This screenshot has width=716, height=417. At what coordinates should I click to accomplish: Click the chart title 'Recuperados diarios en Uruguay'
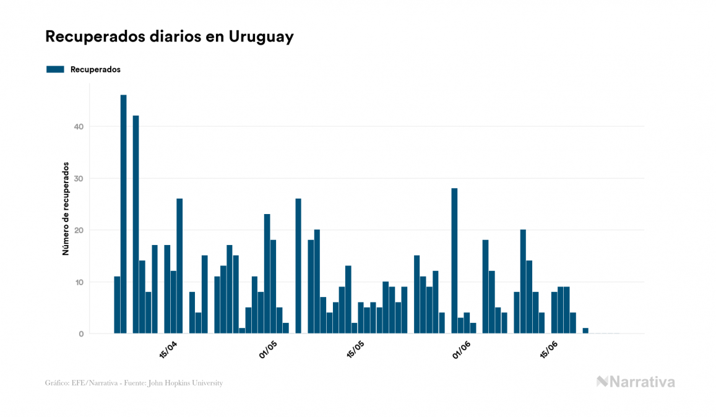(169, 37)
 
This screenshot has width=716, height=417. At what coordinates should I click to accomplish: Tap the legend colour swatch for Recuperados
(55, 69)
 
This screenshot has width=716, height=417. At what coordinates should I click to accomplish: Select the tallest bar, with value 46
(123, 214)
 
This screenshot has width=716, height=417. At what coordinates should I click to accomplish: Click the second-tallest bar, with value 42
(136, 224)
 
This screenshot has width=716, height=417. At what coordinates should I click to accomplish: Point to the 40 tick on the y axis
(78, 127)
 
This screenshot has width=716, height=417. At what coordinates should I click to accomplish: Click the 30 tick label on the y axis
(78, 179)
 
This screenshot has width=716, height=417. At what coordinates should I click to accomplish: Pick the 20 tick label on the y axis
(78, 230)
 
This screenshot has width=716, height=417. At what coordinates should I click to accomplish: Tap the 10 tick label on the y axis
(78, 282)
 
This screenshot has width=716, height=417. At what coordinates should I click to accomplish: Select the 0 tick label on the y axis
(80, 334)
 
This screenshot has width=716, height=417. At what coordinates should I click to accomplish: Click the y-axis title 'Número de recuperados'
(65, 209)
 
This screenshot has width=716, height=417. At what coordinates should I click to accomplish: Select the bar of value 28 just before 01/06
(454, 260)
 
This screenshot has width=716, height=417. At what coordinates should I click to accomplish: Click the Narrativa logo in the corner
(636, 382)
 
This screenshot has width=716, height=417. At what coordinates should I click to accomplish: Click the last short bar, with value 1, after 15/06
(585, 330)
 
